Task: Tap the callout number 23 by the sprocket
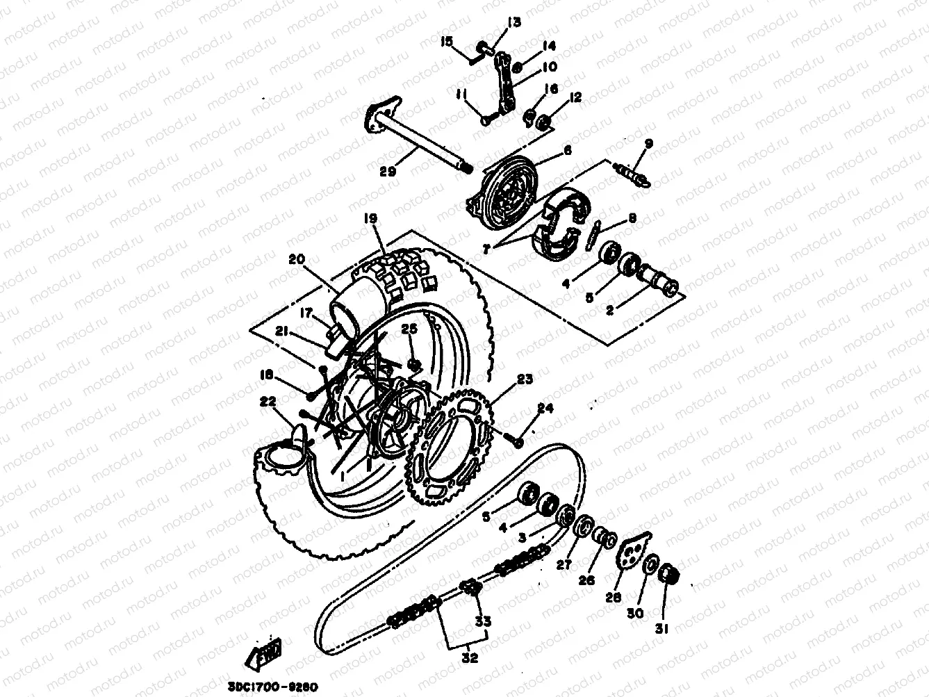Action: (x=525, y=379)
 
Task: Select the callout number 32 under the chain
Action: (x=470, y=657)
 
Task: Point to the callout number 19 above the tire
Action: (x=370, y=219)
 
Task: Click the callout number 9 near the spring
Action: (x=648, y=144)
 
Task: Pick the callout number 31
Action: (x=661, y=629)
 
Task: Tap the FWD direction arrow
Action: (x=264, y=654)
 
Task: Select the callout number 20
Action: (x=297, y=259)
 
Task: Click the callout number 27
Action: (x=564, y=565)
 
